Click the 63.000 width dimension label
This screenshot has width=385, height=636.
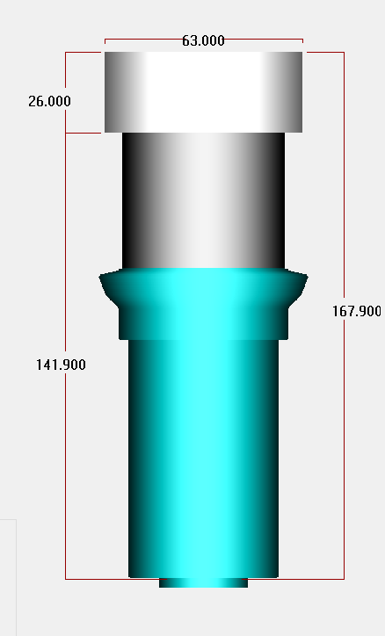[x=203, y=40]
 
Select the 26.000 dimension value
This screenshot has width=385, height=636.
[x=49, y=101]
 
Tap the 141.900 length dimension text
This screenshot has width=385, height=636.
[x=61, y=365]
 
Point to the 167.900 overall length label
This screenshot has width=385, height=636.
[x=357, y=311]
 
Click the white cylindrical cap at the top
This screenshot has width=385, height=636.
[x=203, y=92]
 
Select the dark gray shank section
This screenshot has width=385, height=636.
[x=203, y=200]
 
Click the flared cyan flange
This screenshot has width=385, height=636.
[x=203, y=287]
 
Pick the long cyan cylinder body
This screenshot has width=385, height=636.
[x=203, y=459]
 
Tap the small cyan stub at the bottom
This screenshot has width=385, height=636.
[x=203, y=582]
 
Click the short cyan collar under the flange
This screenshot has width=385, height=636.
[x=203, y=323]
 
